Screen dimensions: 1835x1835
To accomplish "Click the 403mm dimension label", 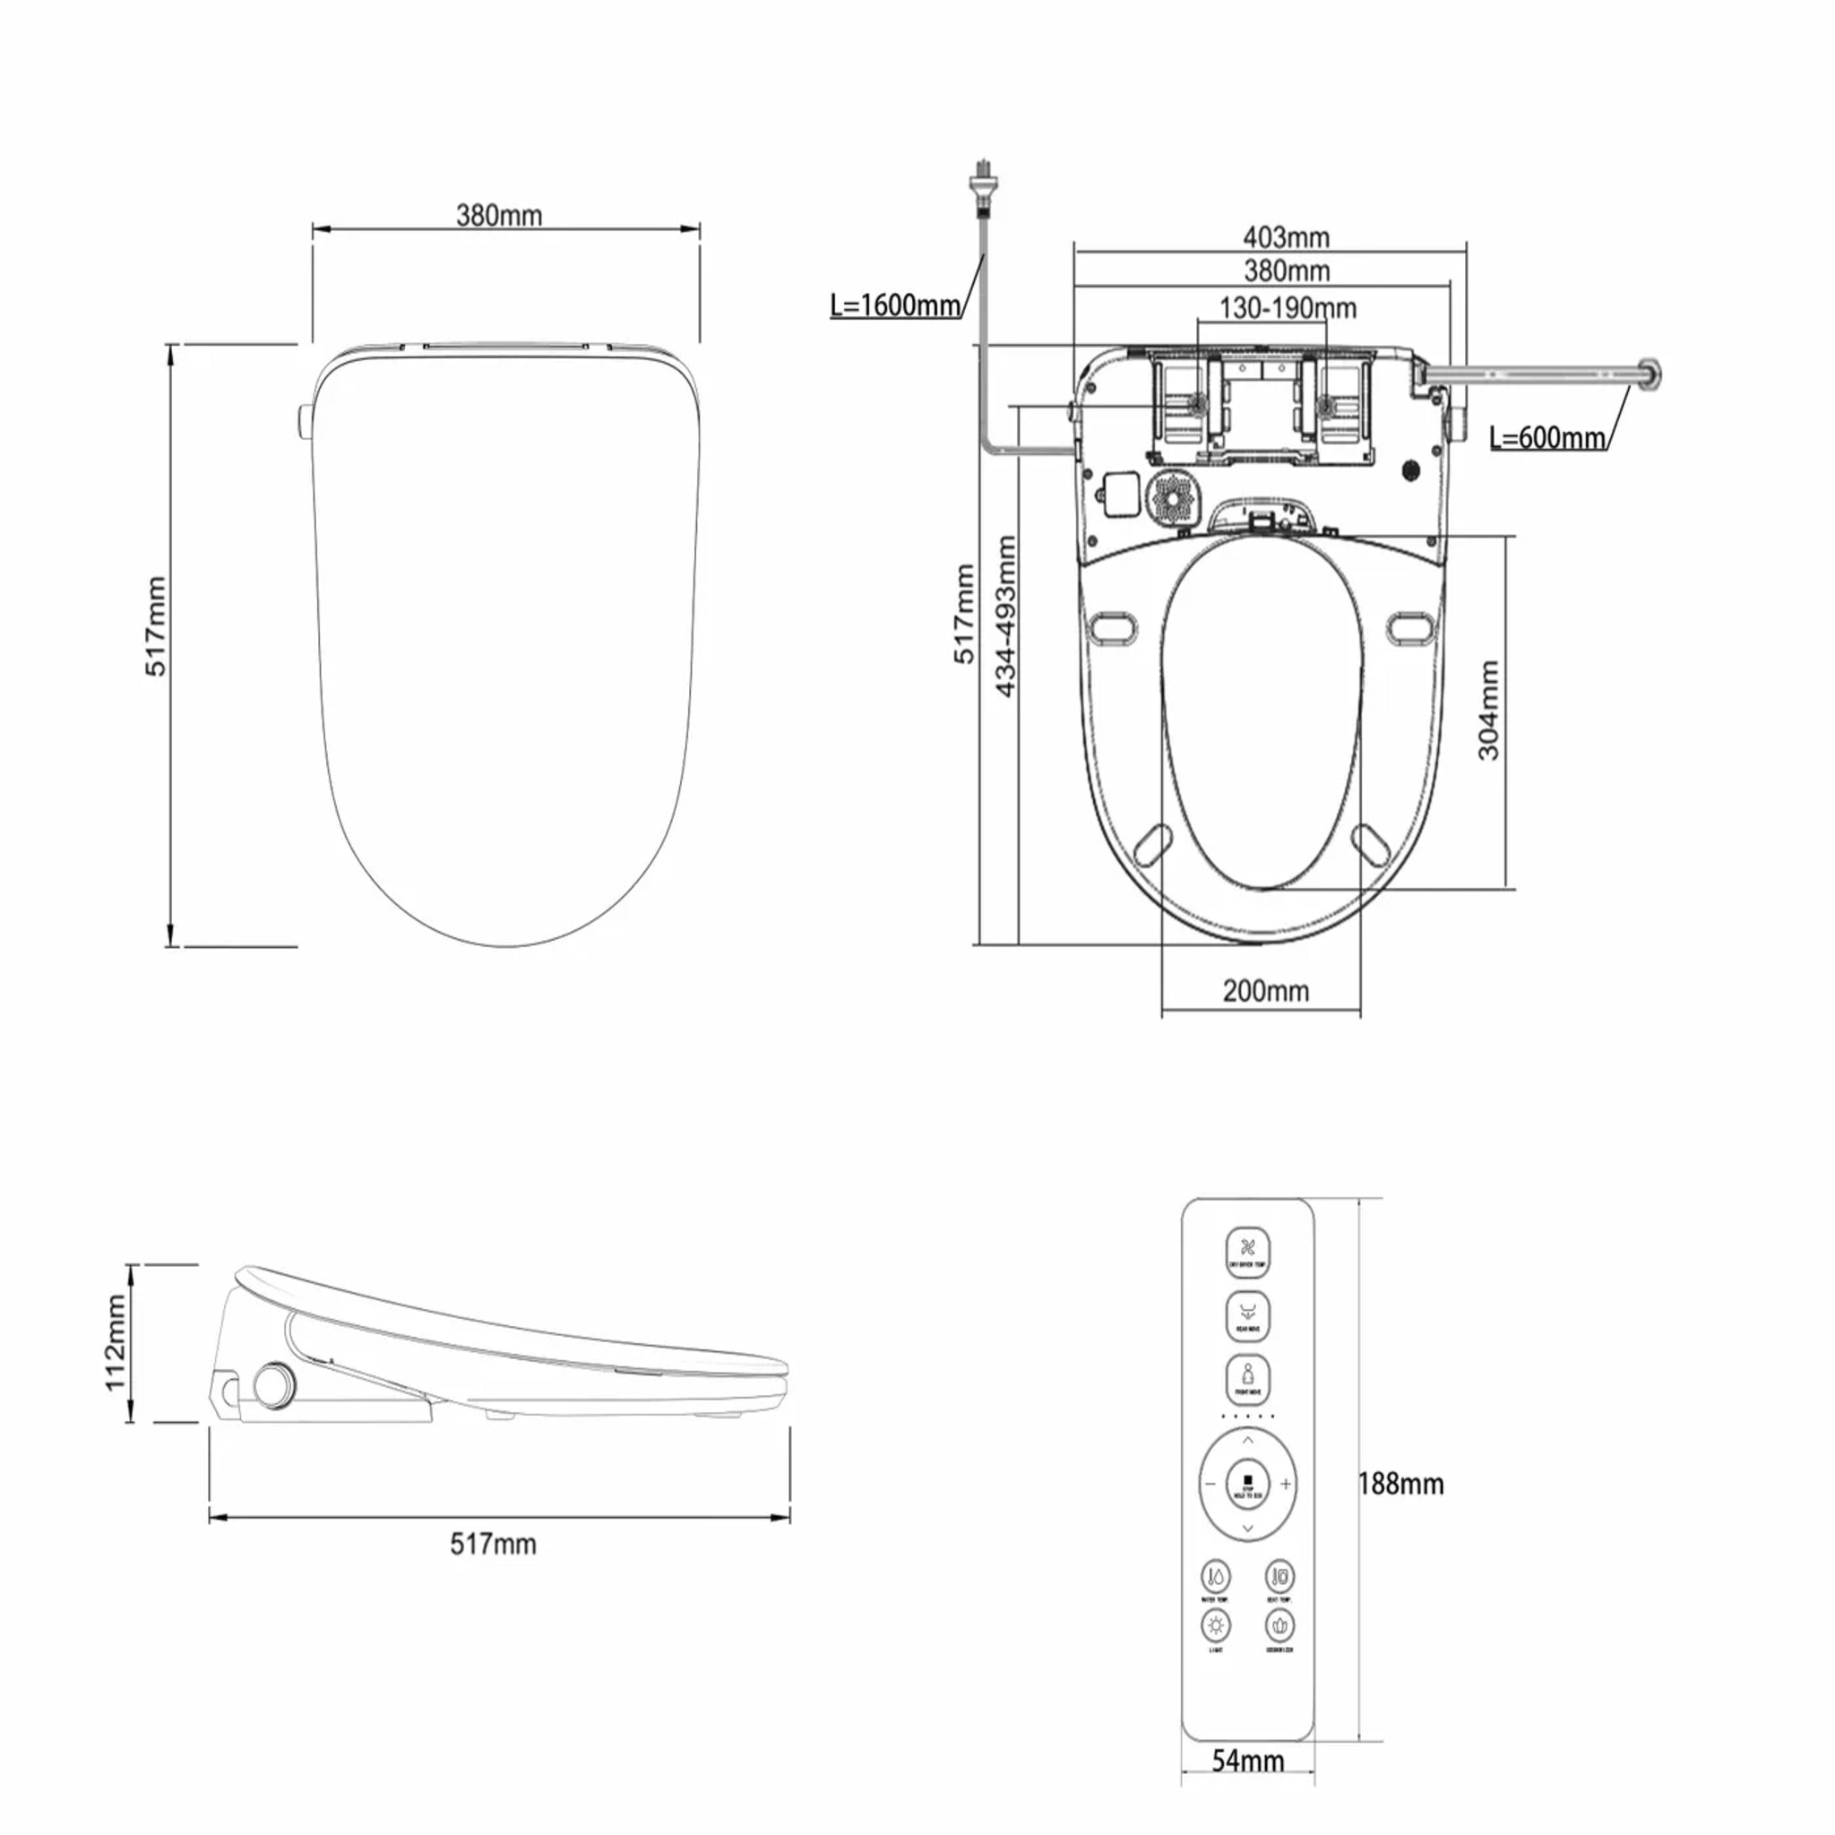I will click(1286, 237).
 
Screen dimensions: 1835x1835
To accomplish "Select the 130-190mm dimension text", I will click(1287, 307).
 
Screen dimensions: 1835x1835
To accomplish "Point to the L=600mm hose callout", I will click(1547, 438).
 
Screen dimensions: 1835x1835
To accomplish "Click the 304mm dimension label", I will click(1488, 711).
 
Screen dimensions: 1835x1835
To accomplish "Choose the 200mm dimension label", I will click(1265, 991).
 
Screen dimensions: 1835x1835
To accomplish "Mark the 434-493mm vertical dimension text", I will click(1006, 616).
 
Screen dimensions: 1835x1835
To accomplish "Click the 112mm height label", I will click(116, 1342).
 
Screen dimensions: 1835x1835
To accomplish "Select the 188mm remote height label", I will click(1401, 1484).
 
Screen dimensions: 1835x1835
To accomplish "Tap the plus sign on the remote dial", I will click(1284, 1484).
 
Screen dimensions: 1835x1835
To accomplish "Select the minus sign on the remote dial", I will click(1210, 1484).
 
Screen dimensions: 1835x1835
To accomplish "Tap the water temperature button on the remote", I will click(1216, 1577).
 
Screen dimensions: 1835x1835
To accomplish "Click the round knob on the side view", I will click(274, 1386).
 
